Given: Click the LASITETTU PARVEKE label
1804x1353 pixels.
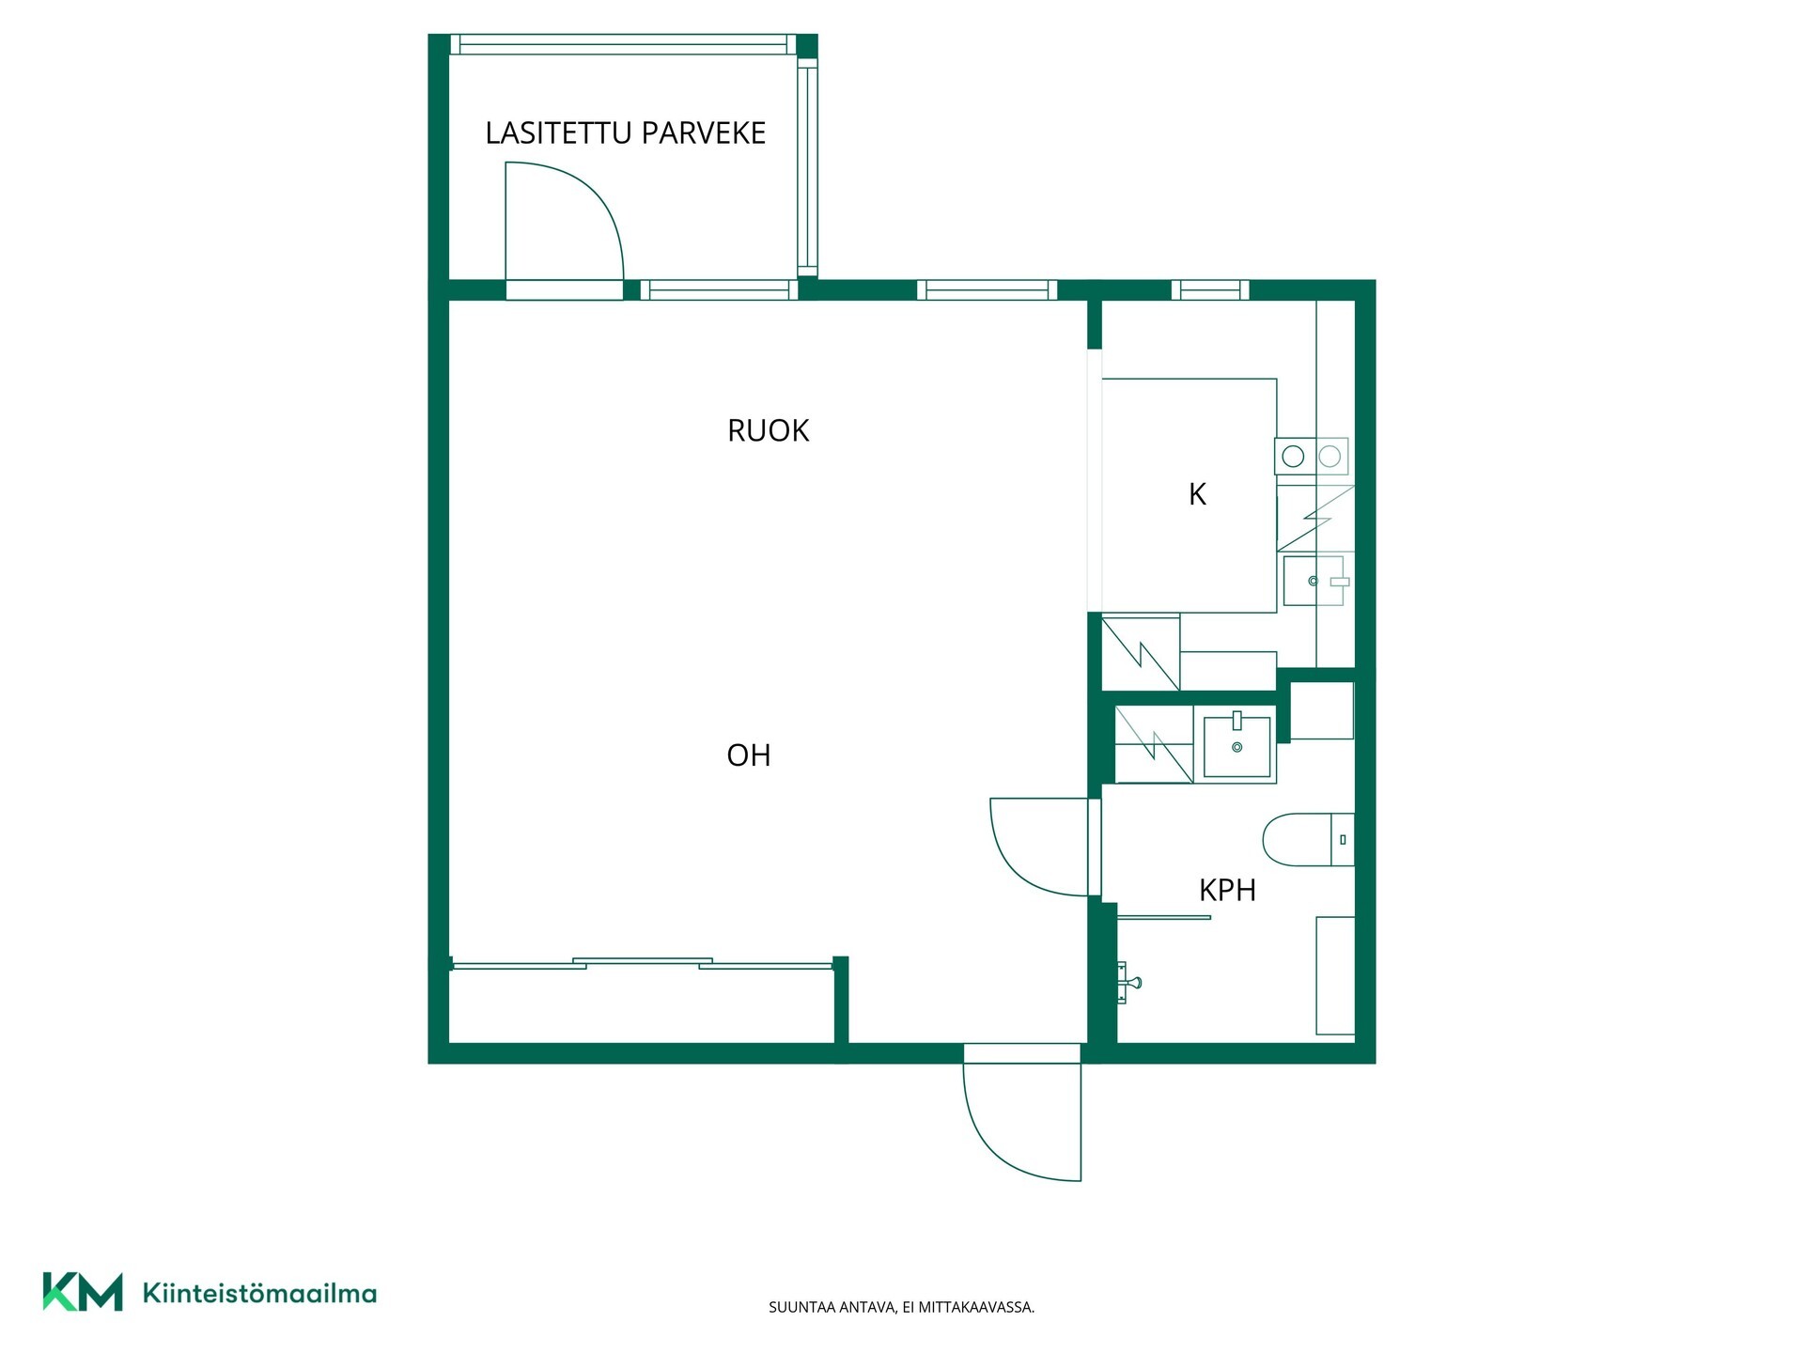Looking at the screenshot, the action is [625, 133].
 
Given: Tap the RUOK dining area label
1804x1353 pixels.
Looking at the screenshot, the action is [768, 430].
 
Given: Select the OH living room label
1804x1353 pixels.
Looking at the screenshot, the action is [748, 755].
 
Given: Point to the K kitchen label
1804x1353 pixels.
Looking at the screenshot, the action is [1197, 494].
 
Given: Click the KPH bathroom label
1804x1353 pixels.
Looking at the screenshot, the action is [1227, 890].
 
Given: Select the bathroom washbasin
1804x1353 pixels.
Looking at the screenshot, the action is [1237, 745].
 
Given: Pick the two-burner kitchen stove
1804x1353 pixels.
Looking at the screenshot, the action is [1312, 456].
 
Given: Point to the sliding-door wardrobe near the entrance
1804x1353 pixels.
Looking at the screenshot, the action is [642, 1003].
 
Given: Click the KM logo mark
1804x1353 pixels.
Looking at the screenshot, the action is [83, 1292].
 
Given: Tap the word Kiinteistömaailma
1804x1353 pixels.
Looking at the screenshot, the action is [259, 1293].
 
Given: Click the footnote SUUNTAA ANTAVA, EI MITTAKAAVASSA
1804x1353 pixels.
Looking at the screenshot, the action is [901, 1307].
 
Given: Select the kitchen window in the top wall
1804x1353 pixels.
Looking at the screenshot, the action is [1210, 290].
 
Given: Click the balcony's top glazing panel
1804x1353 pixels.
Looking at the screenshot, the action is [623, 45].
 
